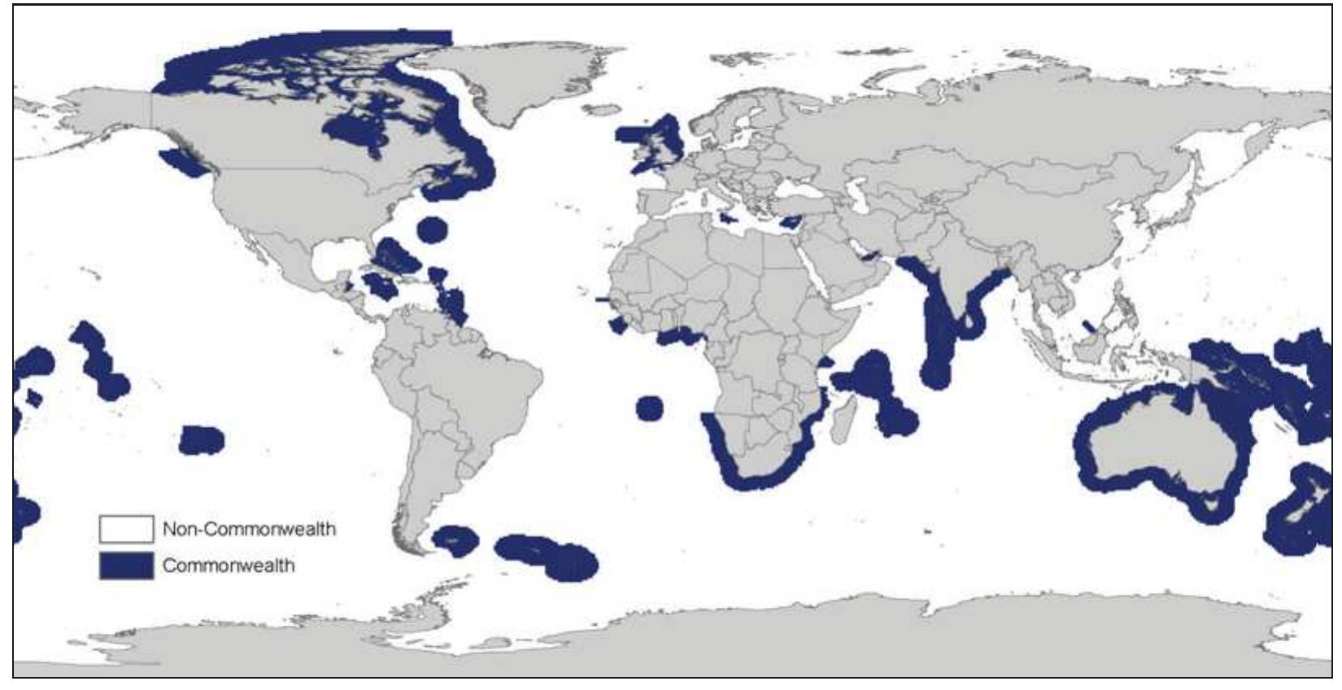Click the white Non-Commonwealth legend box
[x=126, y=529]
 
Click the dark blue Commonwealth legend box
[x=126, y=566]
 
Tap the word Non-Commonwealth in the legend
[x=249, y=529]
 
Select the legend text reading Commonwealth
[x=229, y=566]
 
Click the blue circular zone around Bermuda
[x=433, y=229]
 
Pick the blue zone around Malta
[x=721, y=220]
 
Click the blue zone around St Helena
[x=649, y=408]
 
